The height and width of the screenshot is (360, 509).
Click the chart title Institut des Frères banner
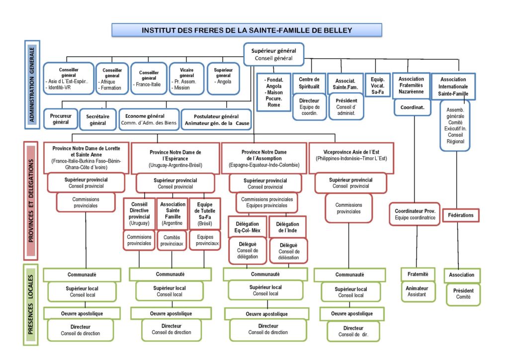click(247, 30)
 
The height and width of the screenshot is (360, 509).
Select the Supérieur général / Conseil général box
click(274, 54)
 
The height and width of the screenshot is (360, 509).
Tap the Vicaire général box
click(186, 79)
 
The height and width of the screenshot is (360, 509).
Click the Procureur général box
click(61, 119)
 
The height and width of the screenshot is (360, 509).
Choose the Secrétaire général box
click(98, 119)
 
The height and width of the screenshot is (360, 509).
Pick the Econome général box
click(149, 119)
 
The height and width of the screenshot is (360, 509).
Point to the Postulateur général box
click(216, 119)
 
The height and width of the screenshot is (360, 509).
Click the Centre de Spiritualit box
click(309, 83)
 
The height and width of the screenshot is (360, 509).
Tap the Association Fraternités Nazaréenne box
click(411, 86)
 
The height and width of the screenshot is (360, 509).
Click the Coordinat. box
click(412, 107)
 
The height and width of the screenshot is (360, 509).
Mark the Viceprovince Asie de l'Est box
click(351, 158)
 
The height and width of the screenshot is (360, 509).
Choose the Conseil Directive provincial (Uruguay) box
click(139, 214)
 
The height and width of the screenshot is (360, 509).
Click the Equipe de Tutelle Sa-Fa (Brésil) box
click(205, 214)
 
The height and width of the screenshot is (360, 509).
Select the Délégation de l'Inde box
click(288, 227)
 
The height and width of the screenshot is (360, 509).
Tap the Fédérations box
click(461, 215)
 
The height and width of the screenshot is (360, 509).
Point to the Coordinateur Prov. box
click(415, 214)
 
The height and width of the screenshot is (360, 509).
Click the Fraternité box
click(418, 274)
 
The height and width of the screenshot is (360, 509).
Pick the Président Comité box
click(463, 294)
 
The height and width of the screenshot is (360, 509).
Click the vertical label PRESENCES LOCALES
click(31, 304)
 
